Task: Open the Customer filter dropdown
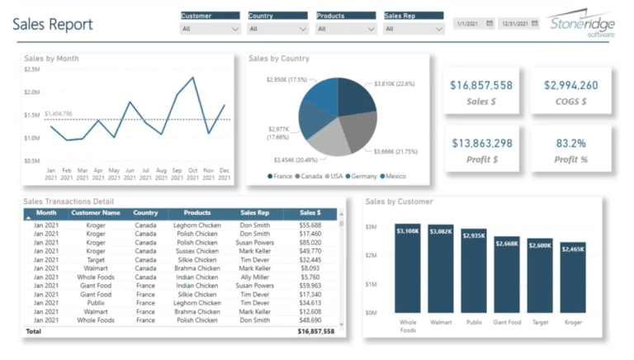[x=210, y=28]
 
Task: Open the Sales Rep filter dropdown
[x=414, y=28]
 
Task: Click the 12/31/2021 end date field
[x=518, y=24]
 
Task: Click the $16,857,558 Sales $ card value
[x=481, y=85]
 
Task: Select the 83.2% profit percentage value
[x=570, y=143]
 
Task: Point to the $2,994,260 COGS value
[x=570, y=85]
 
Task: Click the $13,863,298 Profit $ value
[x=481, y=143]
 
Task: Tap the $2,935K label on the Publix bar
[x=474, y=235]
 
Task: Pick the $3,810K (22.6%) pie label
[x=394, y=83]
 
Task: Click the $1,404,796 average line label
[x=59, y=113]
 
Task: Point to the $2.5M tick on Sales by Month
[x=32, y=69]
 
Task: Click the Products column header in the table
[x=196, y=213]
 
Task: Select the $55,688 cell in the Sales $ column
[x=310, y=225]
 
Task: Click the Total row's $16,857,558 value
[x=315, y=330]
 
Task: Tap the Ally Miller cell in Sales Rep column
[x=255, y=277]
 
